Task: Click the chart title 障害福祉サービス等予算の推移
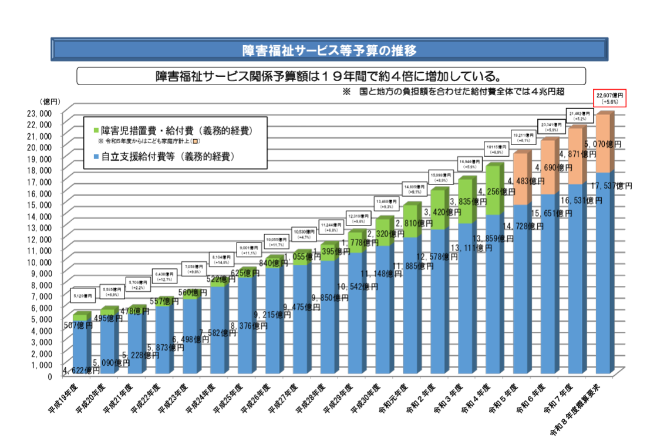click(329, 50)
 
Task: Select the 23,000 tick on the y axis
click(41, 113)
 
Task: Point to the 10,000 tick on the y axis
click(41, 261)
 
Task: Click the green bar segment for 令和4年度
click(495, 191)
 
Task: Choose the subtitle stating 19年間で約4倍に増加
click(331, 76)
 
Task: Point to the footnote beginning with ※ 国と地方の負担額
click(453, 92)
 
